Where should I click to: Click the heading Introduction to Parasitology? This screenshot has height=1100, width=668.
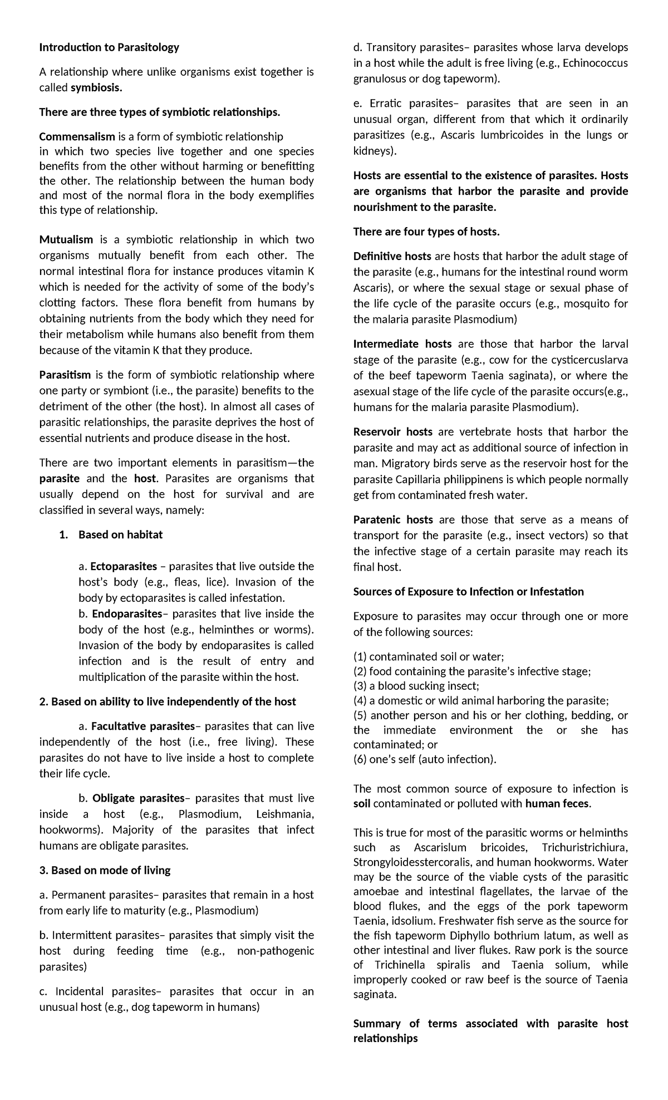(109, 47)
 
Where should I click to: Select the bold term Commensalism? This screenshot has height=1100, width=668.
(77, 136)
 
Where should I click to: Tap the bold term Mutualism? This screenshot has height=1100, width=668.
(66, 239)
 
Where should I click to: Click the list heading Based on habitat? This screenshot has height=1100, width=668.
(120, 534)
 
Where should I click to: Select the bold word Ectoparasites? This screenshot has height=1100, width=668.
(124, 566)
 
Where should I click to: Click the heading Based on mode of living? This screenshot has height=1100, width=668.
(105, 870)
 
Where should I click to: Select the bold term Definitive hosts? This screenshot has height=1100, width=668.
(392, 256)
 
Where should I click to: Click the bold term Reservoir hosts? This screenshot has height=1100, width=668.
(393, 431)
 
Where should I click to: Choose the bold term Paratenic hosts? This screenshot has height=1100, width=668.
(393, 519)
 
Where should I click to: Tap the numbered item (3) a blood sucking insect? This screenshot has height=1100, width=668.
(416, 686)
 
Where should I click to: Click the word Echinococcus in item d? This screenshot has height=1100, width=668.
(595, 63)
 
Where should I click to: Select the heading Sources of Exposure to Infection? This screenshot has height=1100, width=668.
(468, 591)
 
